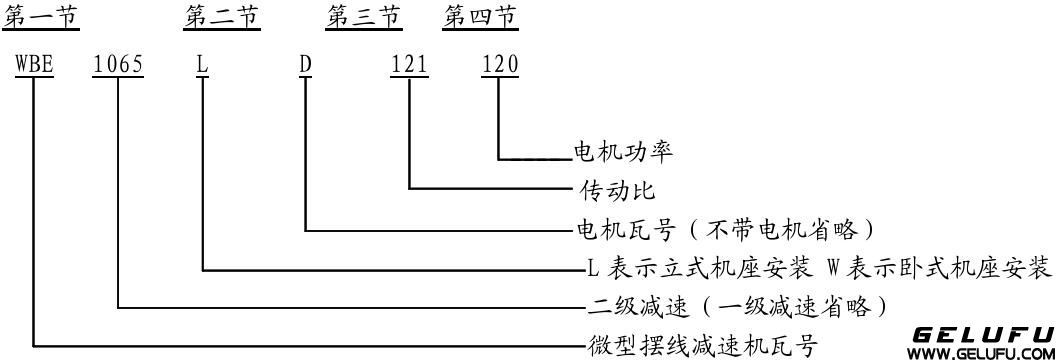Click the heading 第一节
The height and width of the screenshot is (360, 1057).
[x=42, y=17]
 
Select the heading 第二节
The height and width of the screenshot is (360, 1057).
[x=222, y=17]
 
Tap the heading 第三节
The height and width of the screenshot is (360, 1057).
[x=364, y=17]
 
